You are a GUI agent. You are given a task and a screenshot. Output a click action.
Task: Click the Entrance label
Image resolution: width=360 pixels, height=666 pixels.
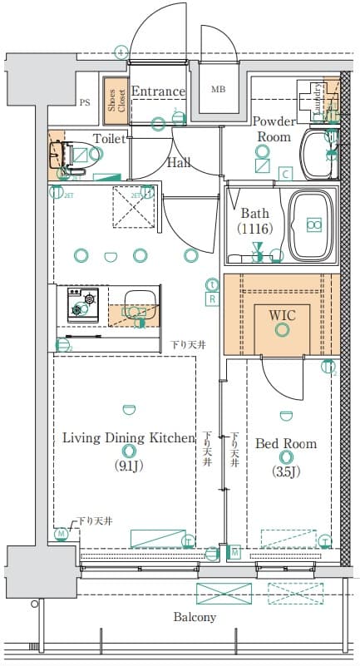157,91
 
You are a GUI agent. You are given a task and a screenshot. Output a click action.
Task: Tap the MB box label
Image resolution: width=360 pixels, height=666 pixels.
217,90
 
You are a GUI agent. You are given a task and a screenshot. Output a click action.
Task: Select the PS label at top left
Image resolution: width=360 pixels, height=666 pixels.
85,102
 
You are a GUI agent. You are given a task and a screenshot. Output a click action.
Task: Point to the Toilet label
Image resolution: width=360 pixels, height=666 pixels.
109,139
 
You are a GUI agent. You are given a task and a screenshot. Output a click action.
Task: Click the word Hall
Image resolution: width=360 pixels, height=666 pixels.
179,163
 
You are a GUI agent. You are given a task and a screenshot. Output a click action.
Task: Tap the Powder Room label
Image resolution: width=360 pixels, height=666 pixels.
274,129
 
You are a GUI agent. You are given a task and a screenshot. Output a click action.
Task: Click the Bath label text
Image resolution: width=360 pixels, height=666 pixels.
254,212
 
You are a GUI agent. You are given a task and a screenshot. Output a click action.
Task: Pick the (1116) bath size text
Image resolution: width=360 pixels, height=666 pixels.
254,227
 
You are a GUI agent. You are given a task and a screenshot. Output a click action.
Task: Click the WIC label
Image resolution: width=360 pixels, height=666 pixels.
283,314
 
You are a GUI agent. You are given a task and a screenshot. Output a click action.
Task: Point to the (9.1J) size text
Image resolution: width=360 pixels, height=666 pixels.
128,465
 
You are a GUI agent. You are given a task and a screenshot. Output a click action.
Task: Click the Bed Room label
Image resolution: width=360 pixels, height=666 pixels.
285,443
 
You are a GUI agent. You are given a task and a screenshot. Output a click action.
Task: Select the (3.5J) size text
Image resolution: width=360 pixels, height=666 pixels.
286,471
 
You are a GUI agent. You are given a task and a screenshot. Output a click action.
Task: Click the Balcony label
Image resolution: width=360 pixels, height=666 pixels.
195,617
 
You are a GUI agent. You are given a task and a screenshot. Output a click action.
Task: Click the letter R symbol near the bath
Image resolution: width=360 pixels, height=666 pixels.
212,298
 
